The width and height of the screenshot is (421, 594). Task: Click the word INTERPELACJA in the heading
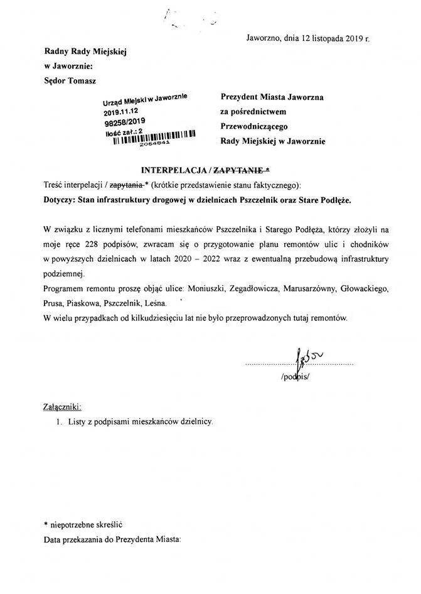(173, 170)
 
